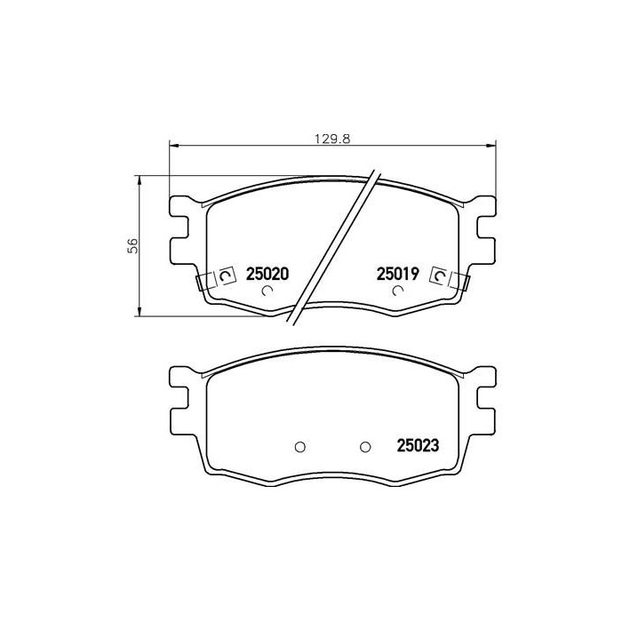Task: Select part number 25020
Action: pos(267,276)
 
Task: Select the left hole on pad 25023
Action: pos(299,446)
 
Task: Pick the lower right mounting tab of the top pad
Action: pos(485,252)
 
